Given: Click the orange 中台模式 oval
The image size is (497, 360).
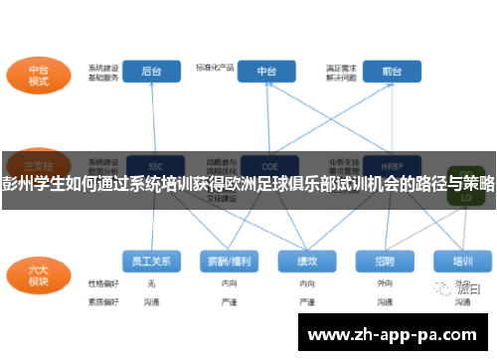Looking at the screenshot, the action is [x=39, y=77].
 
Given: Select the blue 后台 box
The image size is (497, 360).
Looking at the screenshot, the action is [x=152, y=72].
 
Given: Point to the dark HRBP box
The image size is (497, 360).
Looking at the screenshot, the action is [x=383, y=165].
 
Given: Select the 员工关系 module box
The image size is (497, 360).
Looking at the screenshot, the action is [x=151, y=262].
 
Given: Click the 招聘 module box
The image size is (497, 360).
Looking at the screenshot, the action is [x=384, y=262].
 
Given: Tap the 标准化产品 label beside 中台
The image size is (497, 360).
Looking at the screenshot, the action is [x=213, y=69].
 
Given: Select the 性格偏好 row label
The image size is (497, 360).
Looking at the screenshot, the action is [x=103, y=284].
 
